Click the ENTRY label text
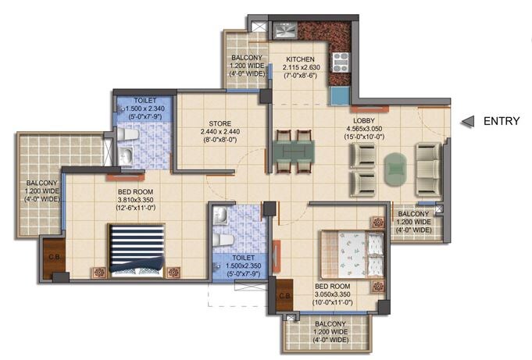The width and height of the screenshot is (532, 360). pos(503,121)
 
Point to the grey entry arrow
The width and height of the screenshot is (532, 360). pos(468,121)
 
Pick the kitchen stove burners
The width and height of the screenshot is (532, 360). pos(341,62)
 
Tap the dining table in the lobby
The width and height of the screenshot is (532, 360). pos(293,151)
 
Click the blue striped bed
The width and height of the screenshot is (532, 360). pos(136,249)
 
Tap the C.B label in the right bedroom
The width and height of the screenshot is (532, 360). pos(285,295)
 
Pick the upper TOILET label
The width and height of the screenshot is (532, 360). pos(145,101)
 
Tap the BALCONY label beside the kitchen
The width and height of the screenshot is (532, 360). pos(245,59)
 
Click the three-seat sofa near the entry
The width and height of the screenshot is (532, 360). pos(428,169)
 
